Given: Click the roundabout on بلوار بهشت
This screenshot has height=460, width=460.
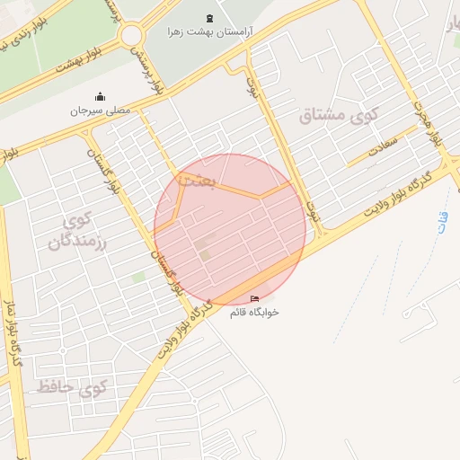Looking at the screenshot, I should pyautogui.click(x=132, y=35).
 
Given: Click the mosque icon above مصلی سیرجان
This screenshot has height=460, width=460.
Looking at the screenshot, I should pyautogui.click(x=100, y=97).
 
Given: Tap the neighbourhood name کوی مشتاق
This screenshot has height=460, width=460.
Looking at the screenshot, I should pyautogui.click(x=339, y=116).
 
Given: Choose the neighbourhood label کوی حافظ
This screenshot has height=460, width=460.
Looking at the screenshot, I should pyautogui.click(x=72, y=388).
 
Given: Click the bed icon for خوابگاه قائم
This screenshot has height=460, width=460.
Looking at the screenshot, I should pyautogui.click(x=254, y=298).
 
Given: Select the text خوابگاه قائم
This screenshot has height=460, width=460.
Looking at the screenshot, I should pyautogui.click(x=254, y=312).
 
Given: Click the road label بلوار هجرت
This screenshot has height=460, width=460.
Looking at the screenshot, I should pyautogui.click(x=429, y=126).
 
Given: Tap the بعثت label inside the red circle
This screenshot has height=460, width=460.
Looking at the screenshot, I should pyautogui.click(x=197, y=181).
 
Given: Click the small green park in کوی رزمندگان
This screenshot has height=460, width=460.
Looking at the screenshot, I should pyautogui.click(x=137, y=278).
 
